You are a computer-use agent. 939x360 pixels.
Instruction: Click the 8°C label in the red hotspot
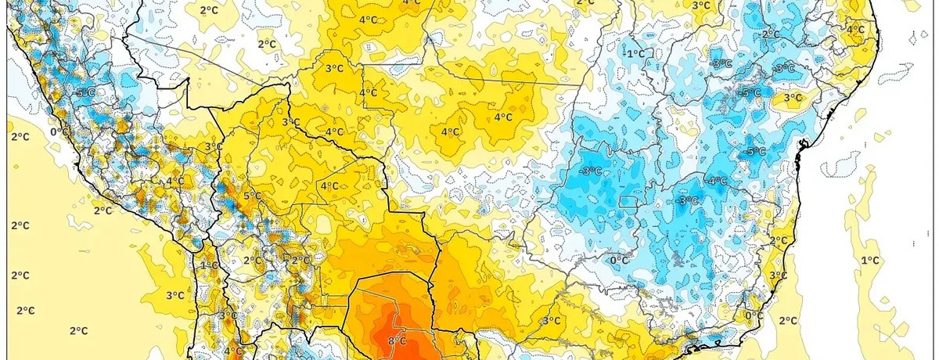(397, 340)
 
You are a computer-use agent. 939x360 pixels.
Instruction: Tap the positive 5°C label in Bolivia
(253, 196)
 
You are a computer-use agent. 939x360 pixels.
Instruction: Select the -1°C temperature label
(635, 53)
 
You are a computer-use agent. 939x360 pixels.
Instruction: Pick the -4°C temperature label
(717, 180)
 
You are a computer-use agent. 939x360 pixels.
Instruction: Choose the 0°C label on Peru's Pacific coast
(59, 131)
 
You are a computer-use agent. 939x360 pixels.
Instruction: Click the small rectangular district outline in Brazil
(628, 202)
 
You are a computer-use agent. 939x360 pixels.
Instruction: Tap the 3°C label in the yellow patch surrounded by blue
(792, 98)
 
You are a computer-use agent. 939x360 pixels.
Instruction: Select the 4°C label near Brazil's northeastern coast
(854, 30)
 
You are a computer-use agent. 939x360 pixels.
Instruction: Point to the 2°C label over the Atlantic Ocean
(788, 320)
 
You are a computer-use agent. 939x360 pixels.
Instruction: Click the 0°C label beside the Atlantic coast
(754, 315)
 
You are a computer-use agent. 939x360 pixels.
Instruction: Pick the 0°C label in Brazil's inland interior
(619, 260)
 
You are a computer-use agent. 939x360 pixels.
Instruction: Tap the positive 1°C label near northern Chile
(209, 265)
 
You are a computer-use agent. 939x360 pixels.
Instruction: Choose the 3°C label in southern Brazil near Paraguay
(550, 320)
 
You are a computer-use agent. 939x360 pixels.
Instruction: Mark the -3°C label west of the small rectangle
(590, 171)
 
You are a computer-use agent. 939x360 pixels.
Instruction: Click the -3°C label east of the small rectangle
(687, 201)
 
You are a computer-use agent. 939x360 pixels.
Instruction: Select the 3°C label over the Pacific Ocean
(174, 295)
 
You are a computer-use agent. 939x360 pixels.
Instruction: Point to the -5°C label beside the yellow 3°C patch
(751, 93)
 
